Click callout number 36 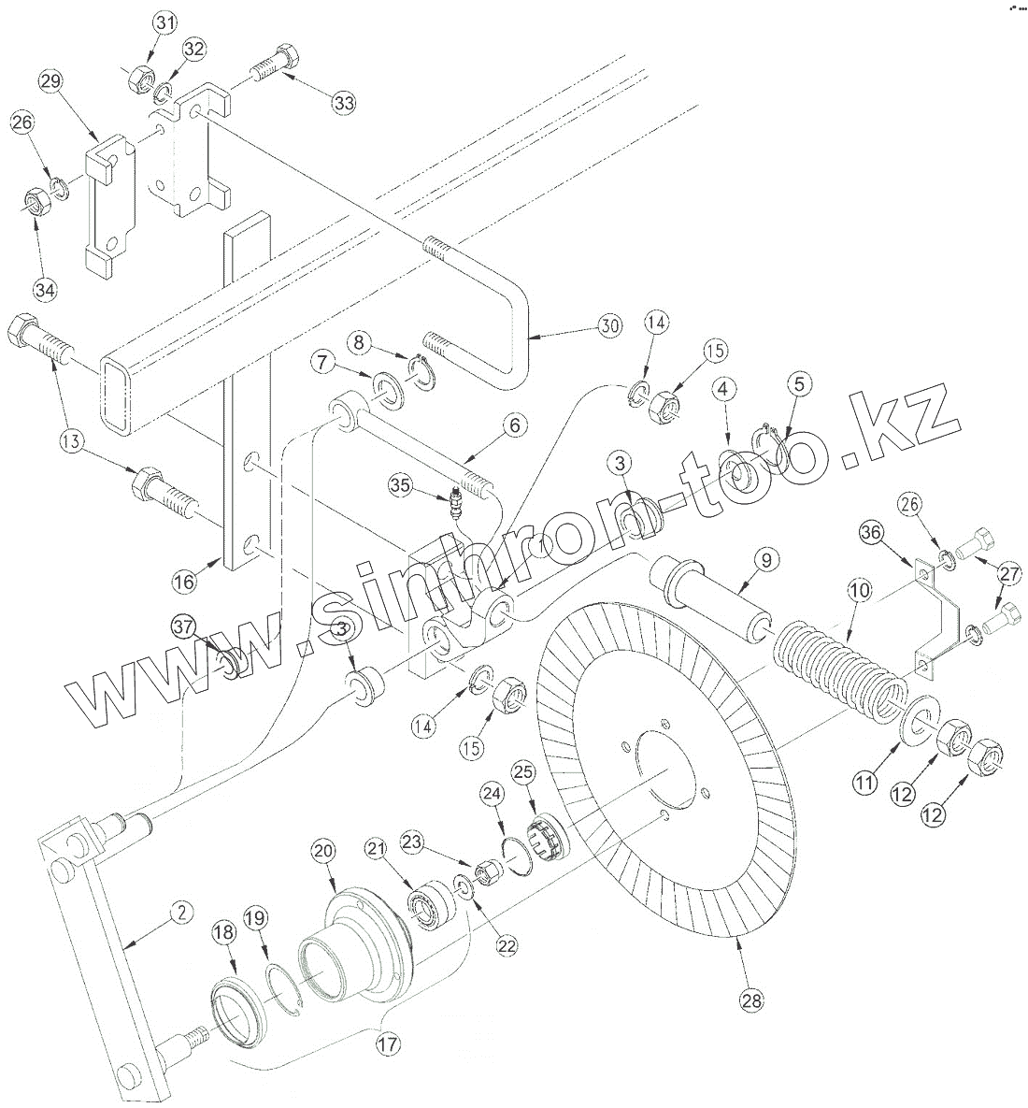[871, 532]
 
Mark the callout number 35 [401, 484]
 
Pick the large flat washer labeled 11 [917, 723]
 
